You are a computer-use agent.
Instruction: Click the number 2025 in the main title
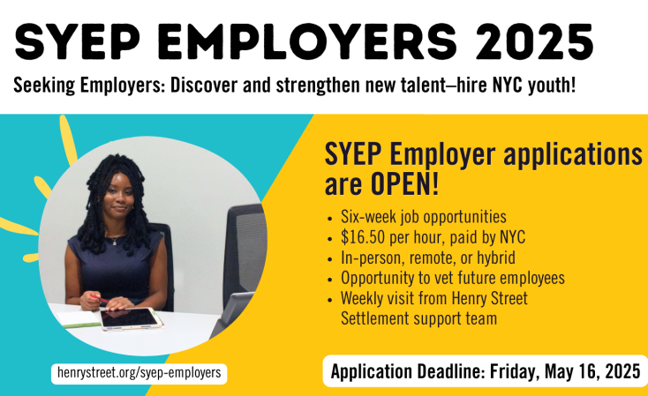(534, 42)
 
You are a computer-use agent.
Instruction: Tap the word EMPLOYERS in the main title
(306, 42)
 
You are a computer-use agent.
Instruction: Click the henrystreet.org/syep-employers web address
(139, 373)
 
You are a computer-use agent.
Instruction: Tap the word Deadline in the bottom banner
(451, 371)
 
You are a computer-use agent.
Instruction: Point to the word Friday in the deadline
(515, 371)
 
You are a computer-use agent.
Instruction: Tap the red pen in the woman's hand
(98, 298)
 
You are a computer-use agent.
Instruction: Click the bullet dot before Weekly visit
(329, 300)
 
